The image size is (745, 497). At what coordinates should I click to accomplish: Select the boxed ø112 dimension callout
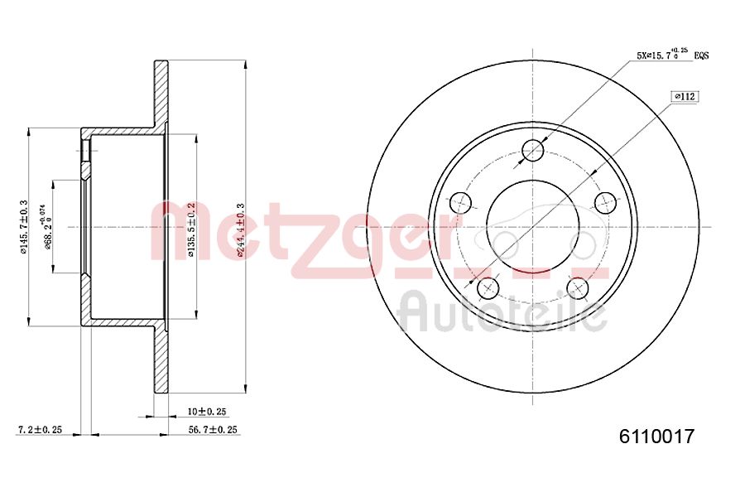point(685,97)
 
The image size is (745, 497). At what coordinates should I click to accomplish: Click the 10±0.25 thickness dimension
point(206,411)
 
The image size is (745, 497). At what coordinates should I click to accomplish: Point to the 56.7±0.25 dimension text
point(213,429)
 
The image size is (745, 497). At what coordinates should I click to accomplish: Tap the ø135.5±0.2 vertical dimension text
point(191,229)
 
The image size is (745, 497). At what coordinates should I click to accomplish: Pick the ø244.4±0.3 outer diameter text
point(241,229)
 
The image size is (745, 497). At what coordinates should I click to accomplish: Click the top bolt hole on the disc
point(534,151)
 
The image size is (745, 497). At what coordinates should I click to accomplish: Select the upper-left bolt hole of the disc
point(460,202)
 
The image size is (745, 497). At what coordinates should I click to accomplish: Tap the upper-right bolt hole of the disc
point(607,202)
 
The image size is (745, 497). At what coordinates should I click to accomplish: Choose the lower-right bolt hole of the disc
point(578,287)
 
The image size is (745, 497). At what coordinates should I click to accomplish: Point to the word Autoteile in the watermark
point(502,313)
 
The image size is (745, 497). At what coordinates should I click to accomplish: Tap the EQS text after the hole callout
point(701,55)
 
